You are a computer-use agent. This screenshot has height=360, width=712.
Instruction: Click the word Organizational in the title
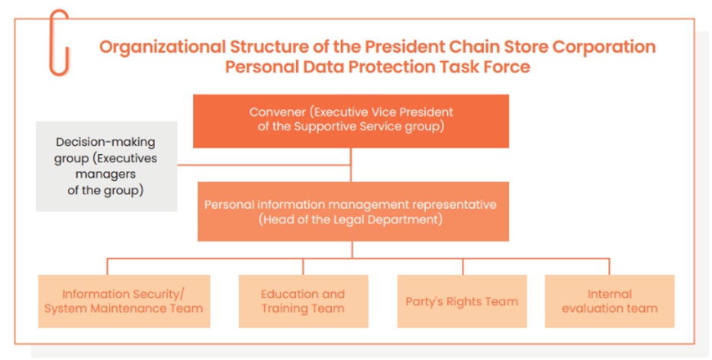tap(162, 47)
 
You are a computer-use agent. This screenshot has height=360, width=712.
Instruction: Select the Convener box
tap(351, 121)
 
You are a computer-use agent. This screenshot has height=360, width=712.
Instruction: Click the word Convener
tap(278, 112)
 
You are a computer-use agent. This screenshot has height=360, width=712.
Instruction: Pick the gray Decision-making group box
tap(107, 166)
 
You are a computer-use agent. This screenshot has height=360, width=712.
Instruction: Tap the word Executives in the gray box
tap(132, 159)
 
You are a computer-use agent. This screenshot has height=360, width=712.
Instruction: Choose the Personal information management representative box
tap(353, 211)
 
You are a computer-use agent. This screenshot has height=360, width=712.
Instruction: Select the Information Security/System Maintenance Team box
tap(124, 301)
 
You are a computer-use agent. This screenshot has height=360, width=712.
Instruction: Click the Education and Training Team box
tap(303, 301)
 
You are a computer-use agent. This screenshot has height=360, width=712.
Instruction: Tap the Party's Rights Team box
tap(462, 301)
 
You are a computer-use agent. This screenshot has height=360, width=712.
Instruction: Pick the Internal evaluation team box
tap(610, 301)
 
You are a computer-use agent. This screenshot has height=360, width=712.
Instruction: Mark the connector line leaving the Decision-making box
tap(264, 165)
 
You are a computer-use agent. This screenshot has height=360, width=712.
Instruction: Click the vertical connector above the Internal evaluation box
tap(610, 267)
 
